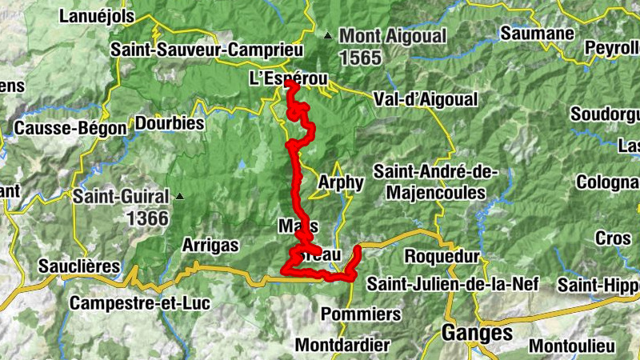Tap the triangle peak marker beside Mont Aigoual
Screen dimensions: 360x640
pyautogui.click(x=327, y=36)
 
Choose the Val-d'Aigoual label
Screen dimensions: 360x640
pyautogui.click(x=426, y=99)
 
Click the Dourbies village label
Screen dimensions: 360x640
pyautogui.click(x=170, y=124)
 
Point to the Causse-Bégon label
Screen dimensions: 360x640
pyautogui.click(x=70, y=128)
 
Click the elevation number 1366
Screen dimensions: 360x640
pyautogui.click(x=148, y=218)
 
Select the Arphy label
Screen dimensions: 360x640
pyautogui.click(x=341, y=182)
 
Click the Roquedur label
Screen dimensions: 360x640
pyautogui.click(x=442, y=257)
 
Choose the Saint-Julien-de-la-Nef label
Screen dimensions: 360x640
pyautogui.click(x=453, y=283)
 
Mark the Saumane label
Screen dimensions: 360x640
pyautogui.click(x=538, y=34)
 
